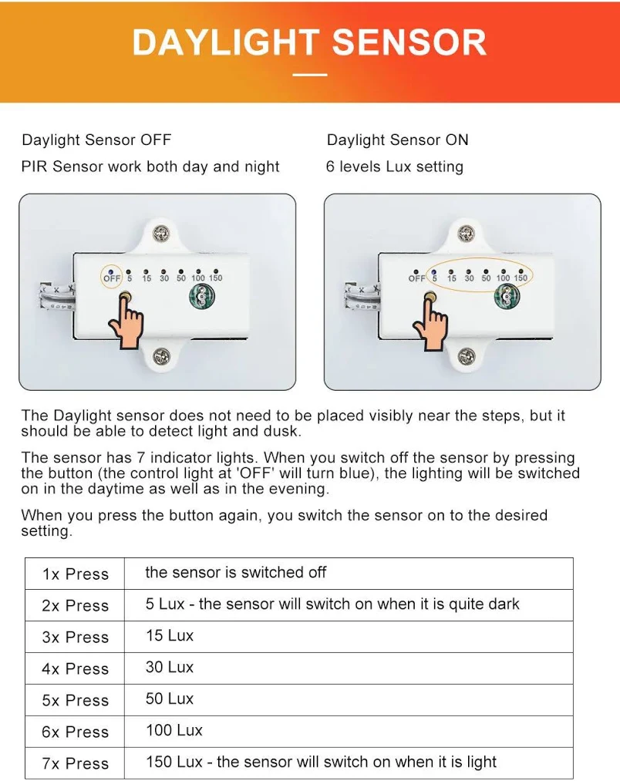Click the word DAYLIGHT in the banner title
(225, 42)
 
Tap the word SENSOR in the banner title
(409, 42)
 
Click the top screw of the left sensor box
(160, 233)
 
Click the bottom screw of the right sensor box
(466, 355)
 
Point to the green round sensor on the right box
(507, 297)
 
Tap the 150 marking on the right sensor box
(521, 278)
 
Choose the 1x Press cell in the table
(76, 574)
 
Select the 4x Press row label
(76, 668)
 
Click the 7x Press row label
(76, 763)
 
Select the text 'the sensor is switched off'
(236, 572)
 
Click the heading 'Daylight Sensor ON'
(398, 140)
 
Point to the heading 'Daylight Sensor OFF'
(96, 140)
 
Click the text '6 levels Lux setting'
(395, 167)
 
